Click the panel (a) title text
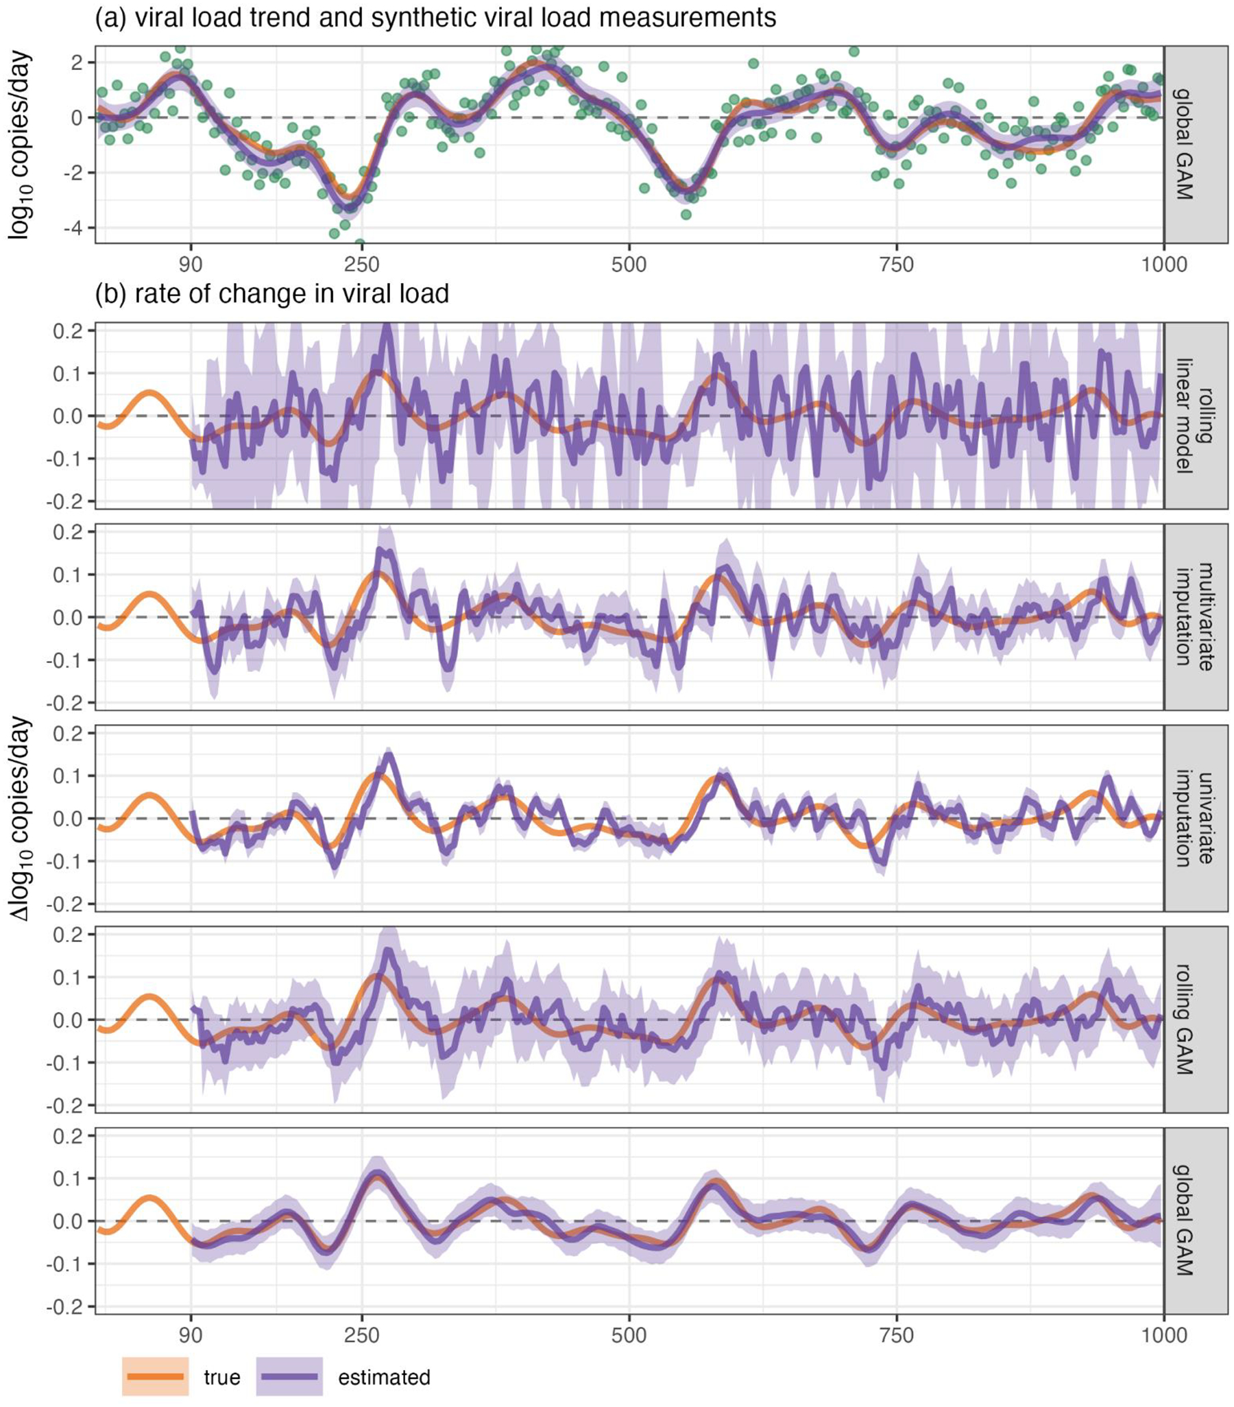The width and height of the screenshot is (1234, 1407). coord(435,18)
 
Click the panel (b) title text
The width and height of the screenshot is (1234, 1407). coord(272,294)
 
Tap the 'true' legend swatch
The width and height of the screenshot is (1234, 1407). coord(156,1376)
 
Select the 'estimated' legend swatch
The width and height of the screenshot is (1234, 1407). coord(289,1376)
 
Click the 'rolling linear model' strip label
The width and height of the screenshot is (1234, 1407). coord(1195,416)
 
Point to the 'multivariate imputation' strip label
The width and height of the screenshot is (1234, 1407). coord(1195,616)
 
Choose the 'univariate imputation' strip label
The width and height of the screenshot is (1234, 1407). coord(1195,818)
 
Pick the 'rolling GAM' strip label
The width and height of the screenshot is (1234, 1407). coord(1195,1020)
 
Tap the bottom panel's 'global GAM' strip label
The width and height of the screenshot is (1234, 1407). coord(1195,1220)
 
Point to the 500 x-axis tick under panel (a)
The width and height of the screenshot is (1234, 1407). coord(629,265)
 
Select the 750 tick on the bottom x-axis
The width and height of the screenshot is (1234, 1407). coord(896,1336)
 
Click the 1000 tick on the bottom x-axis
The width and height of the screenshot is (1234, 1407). coord(1164,1336)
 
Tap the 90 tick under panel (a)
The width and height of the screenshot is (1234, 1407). coord(191,265)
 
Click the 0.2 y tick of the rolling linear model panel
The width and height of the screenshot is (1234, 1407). coord(67,331)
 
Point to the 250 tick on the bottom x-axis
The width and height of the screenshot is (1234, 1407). coord(361,1336)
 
